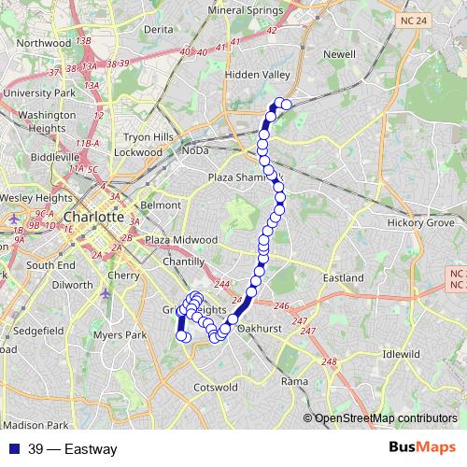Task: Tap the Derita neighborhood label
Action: point(159,29)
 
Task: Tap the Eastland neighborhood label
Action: point(343,278)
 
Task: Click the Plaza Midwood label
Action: point(181,240)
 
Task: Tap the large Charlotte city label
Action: point(94,217)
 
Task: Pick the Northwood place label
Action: point(43,43)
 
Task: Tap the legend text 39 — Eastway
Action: point(72,449)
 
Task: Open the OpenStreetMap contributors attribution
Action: point(386,417)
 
